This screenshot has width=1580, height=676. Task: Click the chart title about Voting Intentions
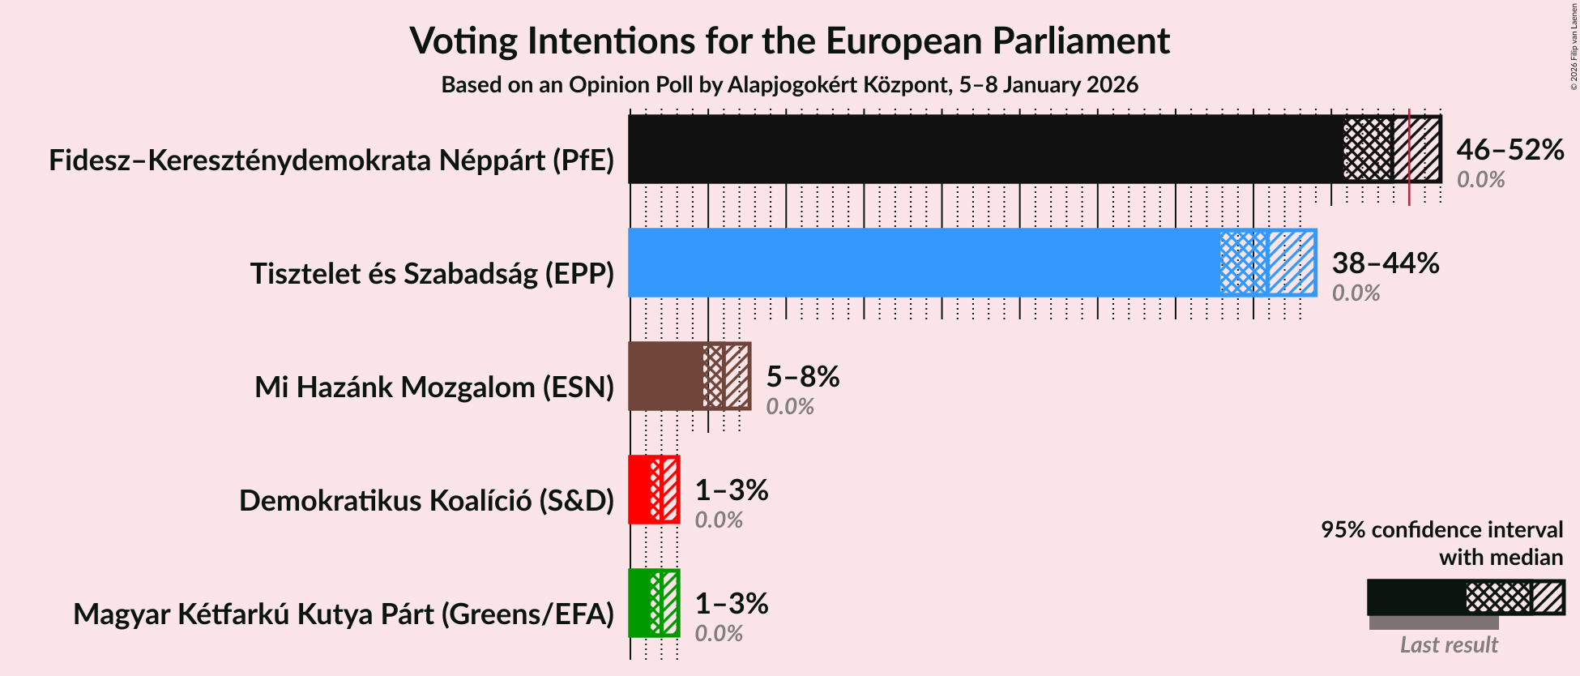click(x=789, y=41)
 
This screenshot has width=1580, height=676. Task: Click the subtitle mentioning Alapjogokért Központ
click(x=789, y=85)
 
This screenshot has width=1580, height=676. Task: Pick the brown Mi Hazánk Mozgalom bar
click(x=665, y=376)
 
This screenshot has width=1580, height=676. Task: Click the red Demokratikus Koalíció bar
click(x=639, y=490)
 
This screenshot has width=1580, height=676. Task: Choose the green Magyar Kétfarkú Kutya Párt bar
click(x=639, y=603)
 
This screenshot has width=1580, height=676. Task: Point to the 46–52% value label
click(x=1510, y=150)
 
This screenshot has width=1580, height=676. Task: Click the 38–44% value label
click(x=1385, y=263)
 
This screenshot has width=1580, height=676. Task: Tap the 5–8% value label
click(x=802, y=377)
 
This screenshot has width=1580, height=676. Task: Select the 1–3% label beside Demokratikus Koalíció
click(x=731, y=490)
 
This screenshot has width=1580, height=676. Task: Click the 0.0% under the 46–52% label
click(x=1480, y=180)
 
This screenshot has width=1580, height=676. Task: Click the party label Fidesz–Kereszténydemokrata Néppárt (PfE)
click(x=331, y=160)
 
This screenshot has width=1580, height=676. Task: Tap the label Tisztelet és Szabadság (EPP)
click(x=432, y=274)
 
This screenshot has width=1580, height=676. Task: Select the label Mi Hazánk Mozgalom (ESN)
click(x=434, y=387)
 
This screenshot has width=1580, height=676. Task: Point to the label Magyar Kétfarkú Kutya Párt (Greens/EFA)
click(x=344, y=614)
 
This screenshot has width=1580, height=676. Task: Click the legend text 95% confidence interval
click(x=1441, y=530)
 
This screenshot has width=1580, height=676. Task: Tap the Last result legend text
click(x=1449, y=645)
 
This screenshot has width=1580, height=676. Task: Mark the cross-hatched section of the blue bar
click(x=1243, y=263)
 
